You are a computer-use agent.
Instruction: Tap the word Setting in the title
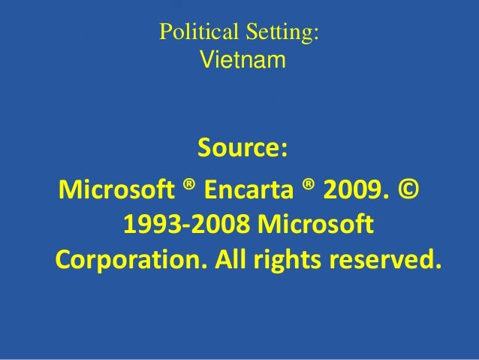click(x=276, y=34)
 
